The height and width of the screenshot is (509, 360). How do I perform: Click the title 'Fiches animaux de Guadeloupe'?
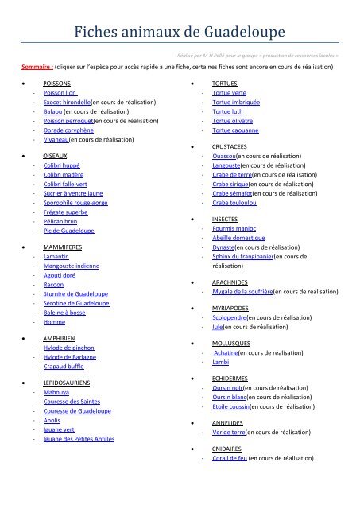pyautogui.click(x=180, y=33)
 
